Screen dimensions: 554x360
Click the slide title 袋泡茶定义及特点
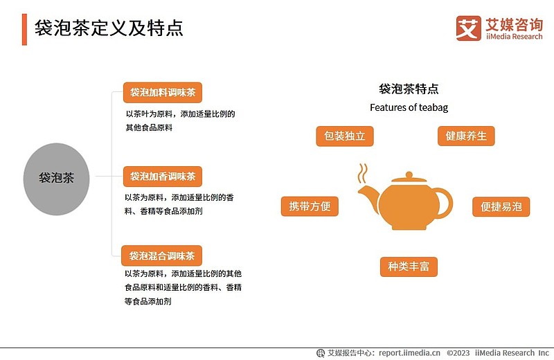[x=109, y=28]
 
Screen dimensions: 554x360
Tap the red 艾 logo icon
[x=469, y=28]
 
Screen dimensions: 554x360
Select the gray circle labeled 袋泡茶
[x=57, y=179]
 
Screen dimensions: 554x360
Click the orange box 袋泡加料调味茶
[x=163, y=93]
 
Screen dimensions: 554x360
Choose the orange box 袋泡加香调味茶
[x=163, y=177]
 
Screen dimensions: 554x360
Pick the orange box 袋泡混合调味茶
[x=161, y=255]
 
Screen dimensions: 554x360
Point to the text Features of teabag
[x=409, y=107]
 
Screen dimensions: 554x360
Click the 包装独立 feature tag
[x=344, y=136]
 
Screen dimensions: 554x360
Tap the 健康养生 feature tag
[x=466, y=136]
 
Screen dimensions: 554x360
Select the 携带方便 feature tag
[x=310, y=206]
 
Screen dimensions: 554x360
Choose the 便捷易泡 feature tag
[x=501, y=207]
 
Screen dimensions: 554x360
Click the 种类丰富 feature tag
[x=409, y=267]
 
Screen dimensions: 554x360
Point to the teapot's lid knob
[x=409, y=175]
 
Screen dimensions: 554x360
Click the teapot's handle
[x=446, y=202]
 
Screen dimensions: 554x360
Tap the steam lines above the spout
[x=362, y=173]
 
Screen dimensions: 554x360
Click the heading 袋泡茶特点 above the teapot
[x=409, y=89]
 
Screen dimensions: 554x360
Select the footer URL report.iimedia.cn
[x=409, y=353]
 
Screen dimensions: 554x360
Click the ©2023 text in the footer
[x=458, y=353]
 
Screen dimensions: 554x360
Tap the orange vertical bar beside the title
[x=24, y=30]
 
